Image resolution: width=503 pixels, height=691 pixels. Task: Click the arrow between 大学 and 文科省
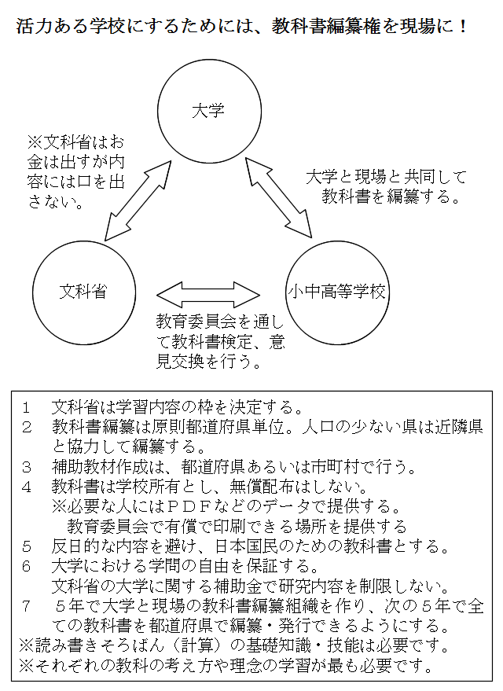point(138,200)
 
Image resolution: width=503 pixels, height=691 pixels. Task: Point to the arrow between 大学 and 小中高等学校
point(278,197)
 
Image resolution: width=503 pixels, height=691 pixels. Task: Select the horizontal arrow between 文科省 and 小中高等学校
point(208,294)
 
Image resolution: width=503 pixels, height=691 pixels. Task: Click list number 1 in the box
point(27,408)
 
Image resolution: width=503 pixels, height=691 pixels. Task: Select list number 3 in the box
point(27,467)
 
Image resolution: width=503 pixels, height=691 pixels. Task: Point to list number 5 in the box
point(27,547)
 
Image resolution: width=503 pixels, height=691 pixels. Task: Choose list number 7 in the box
point(27,606)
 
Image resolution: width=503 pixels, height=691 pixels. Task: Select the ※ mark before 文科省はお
point(35,142)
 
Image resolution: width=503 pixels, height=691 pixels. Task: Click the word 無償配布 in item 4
point(262,487)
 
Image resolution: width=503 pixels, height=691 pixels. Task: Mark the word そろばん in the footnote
point(141,646)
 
